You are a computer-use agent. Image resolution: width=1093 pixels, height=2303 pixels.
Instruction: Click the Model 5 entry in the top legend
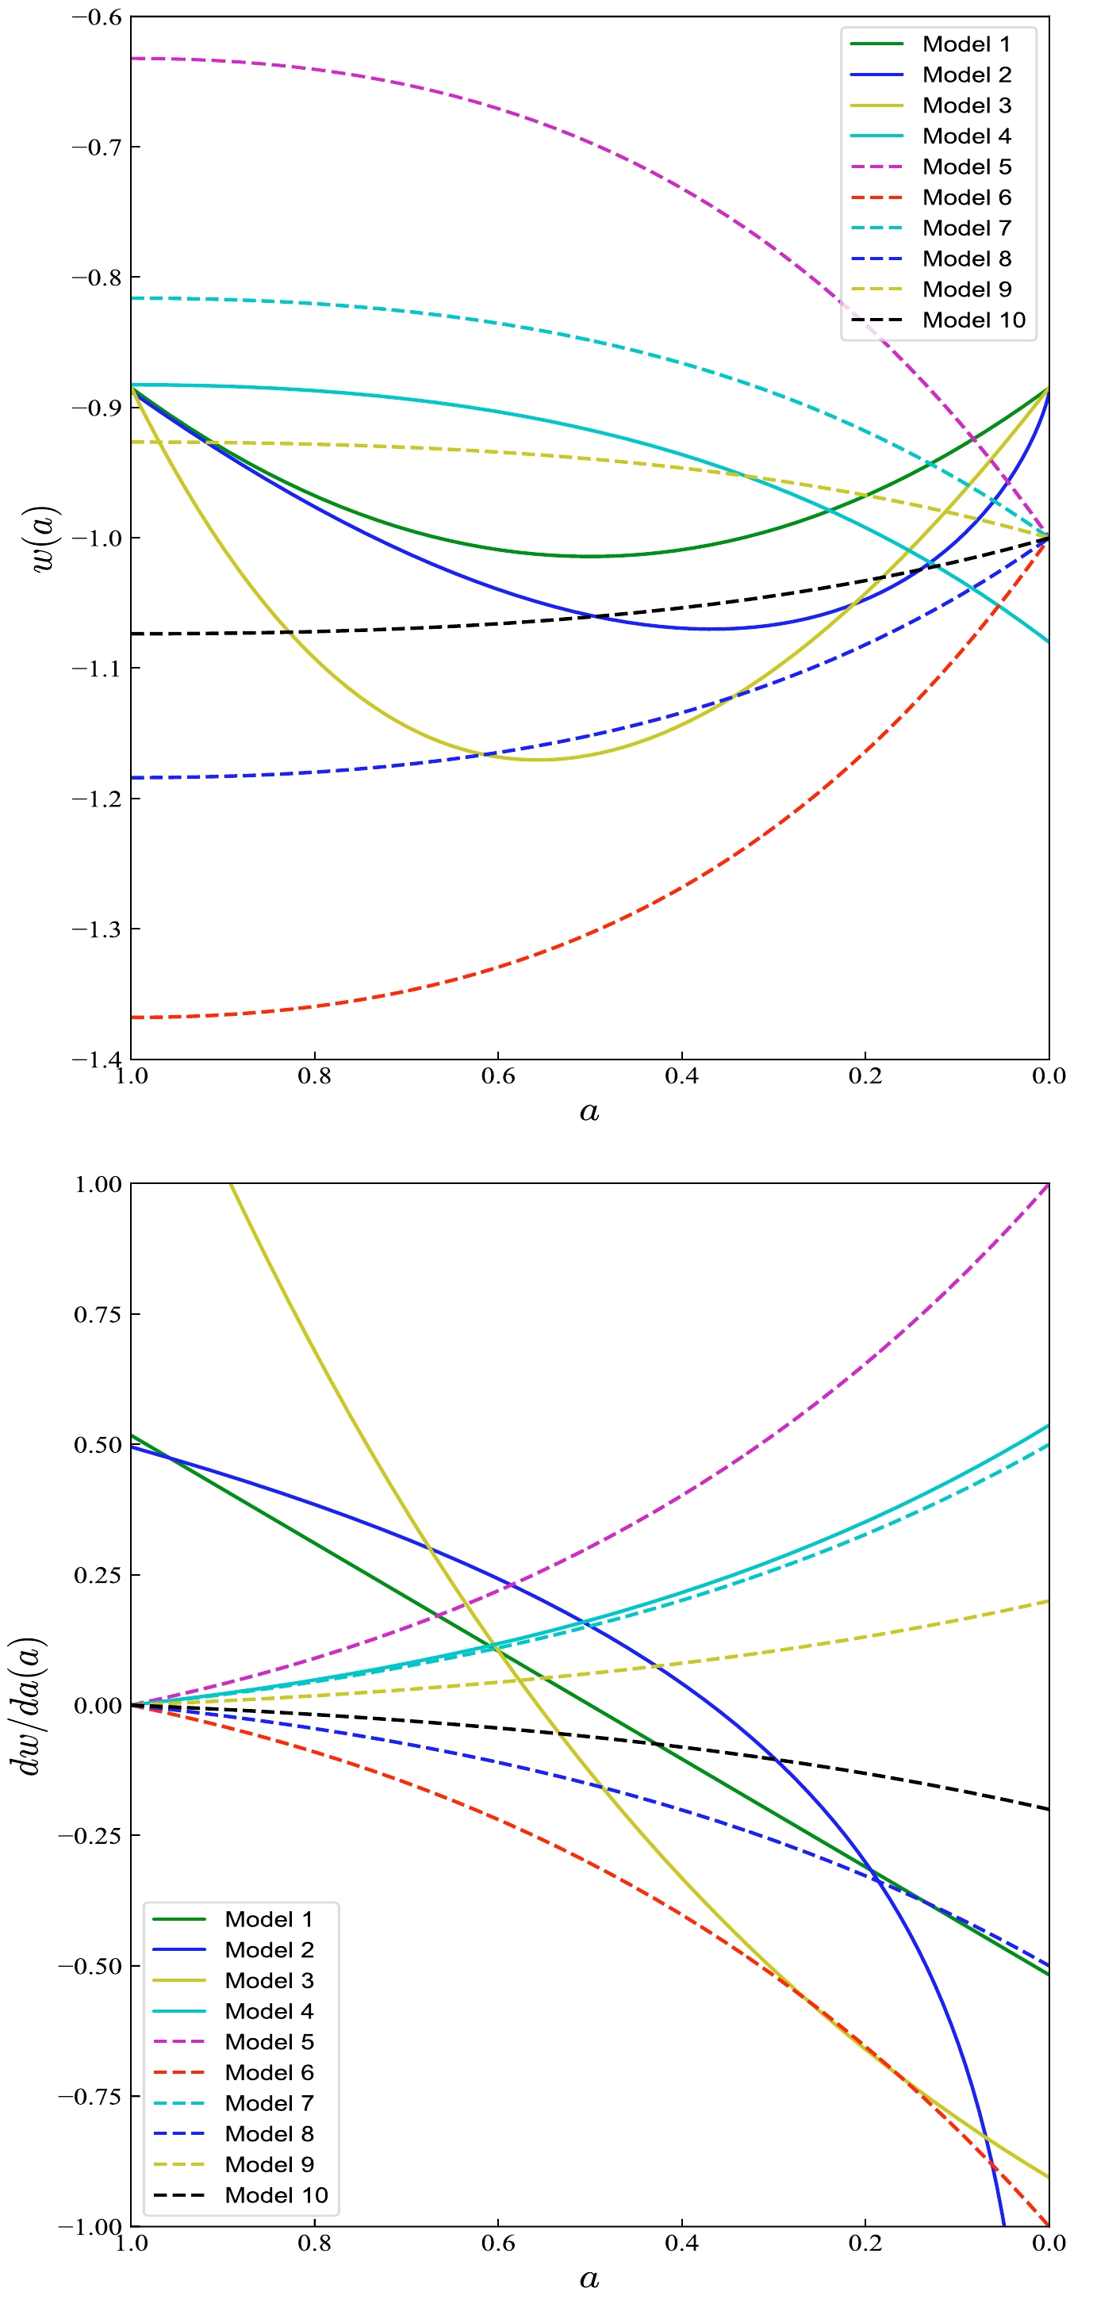(966, 167)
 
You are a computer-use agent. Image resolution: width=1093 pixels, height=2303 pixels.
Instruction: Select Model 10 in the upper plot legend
(973, 320)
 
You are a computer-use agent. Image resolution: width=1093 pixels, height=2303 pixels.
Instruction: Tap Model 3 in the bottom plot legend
(268, 1980)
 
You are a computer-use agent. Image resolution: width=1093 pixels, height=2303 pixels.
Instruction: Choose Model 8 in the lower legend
(268, 2133)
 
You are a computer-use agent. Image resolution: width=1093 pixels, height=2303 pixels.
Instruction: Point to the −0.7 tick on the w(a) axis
(96, 147)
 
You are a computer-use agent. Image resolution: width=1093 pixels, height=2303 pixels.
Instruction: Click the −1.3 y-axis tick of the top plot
(96, 929)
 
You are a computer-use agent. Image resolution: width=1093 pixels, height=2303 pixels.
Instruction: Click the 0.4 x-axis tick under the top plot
(681, 1075)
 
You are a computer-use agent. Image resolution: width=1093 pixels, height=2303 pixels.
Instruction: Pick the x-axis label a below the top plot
(589, 1111)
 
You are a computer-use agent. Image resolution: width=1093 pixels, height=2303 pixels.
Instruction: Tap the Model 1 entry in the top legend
(966, 44)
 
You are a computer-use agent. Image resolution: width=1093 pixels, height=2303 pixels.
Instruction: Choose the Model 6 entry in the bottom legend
(268, 2072)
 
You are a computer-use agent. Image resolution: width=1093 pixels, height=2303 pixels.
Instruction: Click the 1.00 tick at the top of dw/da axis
(98, 1185)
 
